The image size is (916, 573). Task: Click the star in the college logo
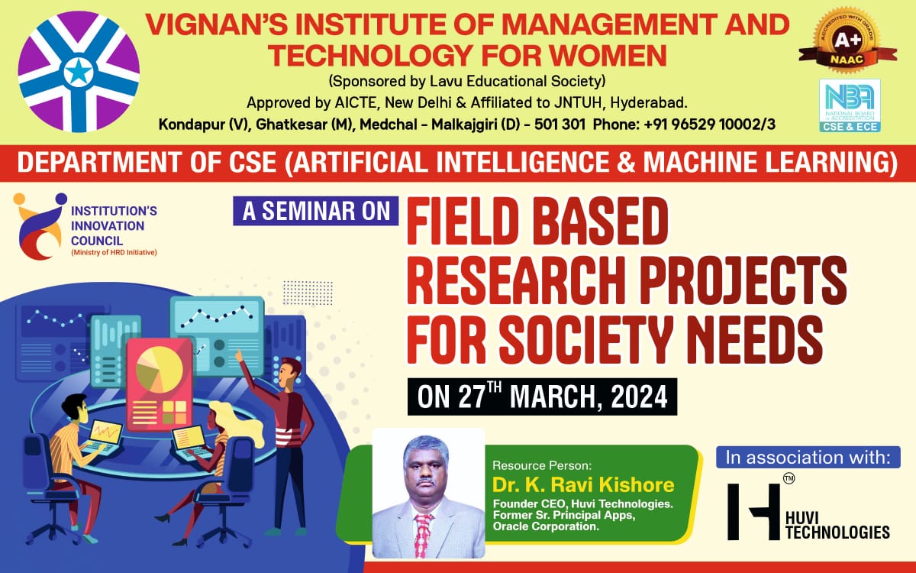click(78, 73)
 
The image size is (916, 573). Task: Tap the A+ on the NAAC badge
click(847, 40)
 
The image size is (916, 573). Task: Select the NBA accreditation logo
click(850, 105)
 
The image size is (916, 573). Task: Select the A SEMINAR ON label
click(316, 211)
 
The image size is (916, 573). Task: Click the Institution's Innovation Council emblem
click(40, 226)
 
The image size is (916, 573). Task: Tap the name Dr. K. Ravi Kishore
click(583, 485)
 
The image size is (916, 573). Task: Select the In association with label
click(808, 457)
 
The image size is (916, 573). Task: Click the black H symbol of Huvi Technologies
click(753, 512)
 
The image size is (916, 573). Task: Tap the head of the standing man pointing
click(290, 374)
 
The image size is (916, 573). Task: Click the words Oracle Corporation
click(546, 526)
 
